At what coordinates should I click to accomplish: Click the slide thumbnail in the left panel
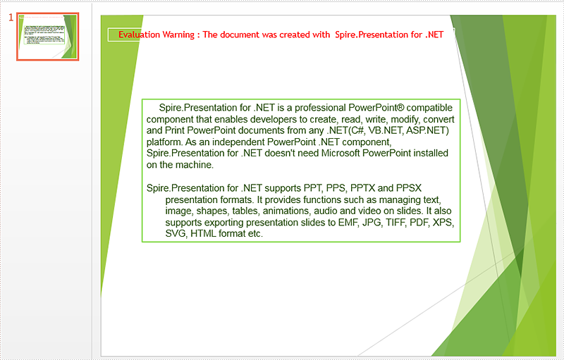click(x=47, y=37)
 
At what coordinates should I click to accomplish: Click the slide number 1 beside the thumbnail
click(x=11, y=17)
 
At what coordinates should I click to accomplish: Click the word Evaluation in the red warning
click(x=139, y=35)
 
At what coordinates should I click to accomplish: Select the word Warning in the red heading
click(x=178, y=35)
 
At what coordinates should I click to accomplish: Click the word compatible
click(x=429, y=108)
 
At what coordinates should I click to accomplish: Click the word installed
click(x=431, y=153)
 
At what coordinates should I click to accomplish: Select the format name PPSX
click(x=409, y=188)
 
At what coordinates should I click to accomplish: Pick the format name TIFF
click(x=396, y=223)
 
